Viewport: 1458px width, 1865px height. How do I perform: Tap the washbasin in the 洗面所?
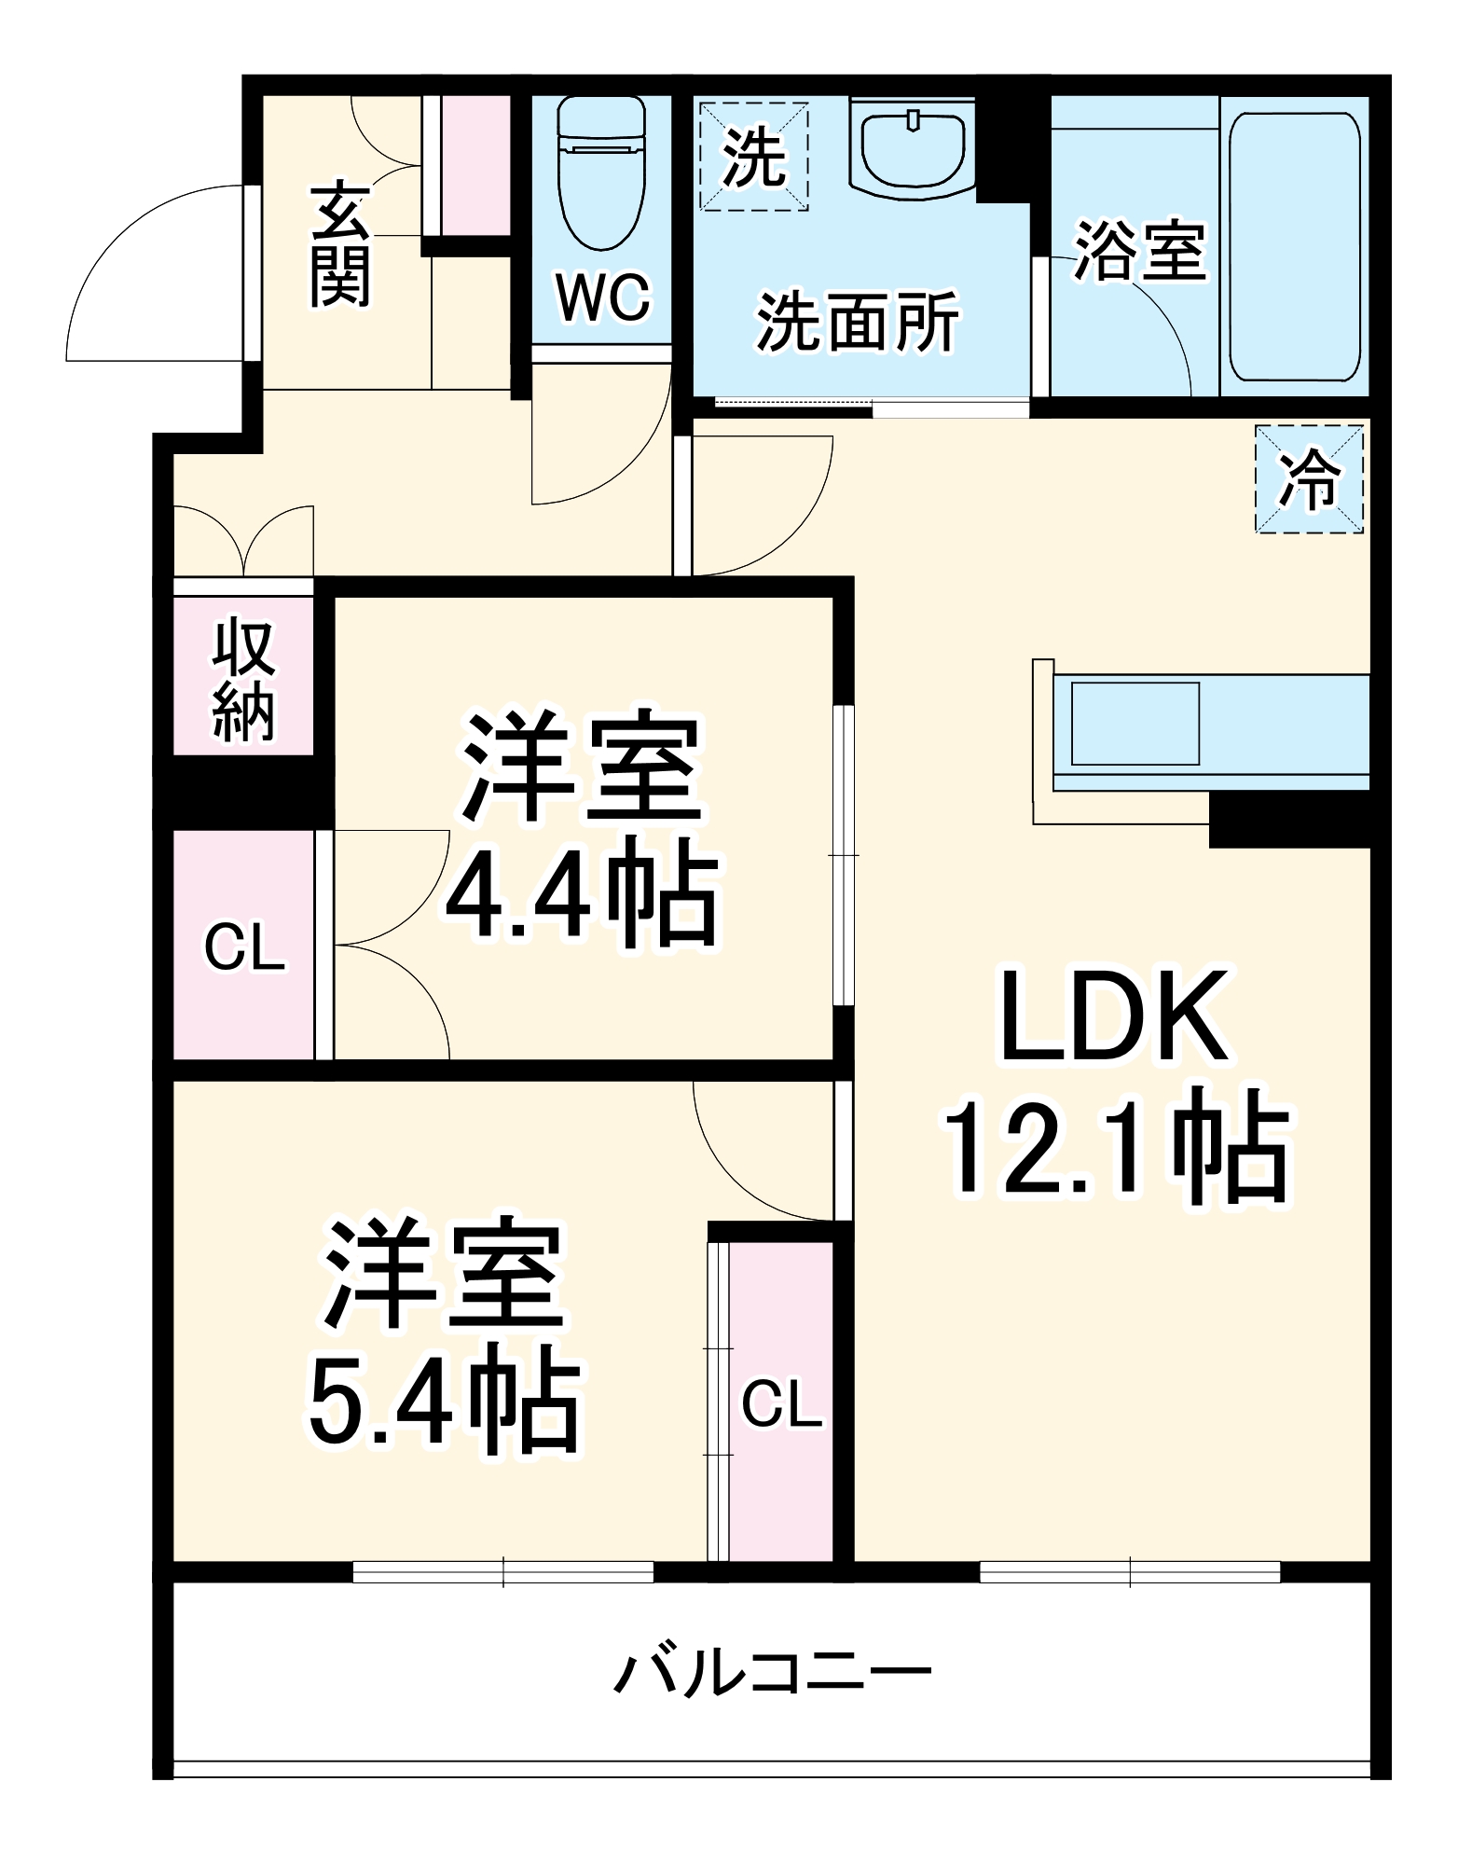(913, 149)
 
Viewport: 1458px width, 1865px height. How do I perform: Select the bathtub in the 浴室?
(1294, 247)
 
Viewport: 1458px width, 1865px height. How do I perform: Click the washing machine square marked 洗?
(753, 157)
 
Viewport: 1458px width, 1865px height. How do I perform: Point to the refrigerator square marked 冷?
(1309, 479)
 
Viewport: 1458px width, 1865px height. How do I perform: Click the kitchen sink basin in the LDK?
(1135, 724)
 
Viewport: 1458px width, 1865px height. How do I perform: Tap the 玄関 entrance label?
(340, 245)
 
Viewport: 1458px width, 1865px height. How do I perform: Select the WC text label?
(602, 297)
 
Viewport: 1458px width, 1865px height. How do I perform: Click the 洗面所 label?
(857, 323)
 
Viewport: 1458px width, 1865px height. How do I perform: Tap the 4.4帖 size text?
(583, 892)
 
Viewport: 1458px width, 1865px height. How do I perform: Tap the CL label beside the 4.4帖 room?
(244, 947)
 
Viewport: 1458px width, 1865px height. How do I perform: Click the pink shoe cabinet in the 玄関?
(475, 165)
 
